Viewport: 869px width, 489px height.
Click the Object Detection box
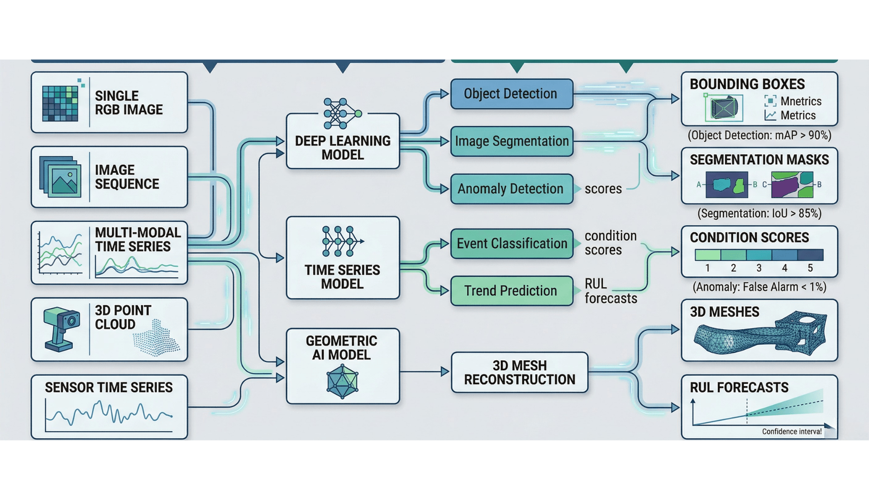tap(511, 94)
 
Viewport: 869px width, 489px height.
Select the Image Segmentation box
tap(511, 141)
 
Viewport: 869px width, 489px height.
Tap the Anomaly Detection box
tap(511, 189)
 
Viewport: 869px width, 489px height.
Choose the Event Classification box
tap(511, 244)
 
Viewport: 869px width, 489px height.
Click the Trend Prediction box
tap(511, 291)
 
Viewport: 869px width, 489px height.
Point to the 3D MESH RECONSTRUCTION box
tap(520, 372)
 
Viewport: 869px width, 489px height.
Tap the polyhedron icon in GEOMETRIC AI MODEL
tap(342, 382)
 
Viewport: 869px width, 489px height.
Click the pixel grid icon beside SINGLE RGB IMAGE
tap(60, 103)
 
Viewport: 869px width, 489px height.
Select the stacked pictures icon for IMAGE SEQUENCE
tap(61, 177)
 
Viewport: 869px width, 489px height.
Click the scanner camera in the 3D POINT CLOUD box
tap(61, 328)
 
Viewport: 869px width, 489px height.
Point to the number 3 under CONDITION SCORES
tap(759, 268)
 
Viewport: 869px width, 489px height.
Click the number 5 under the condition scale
tap(810, 268)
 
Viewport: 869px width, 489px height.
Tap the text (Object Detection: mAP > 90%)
tap(759, 135)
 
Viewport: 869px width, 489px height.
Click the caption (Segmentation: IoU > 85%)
tap(759, 213)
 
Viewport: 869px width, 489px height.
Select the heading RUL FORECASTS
tap(739, 388)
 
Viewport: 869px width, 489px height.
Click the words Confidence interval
tap(791, 431)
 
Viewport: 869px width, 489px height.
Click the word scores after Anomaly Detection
tap(603, 189)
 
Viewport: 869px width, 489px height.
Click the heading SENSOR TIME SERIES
tap(109, 388)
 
